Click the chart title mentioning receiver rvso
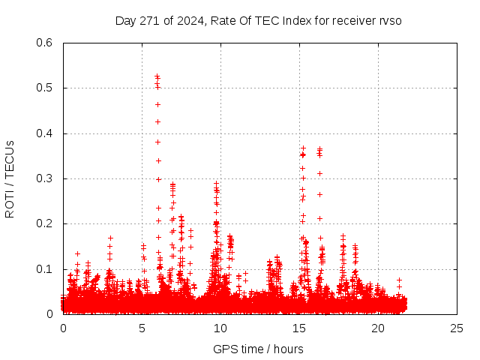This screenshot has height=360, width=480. [259, 20]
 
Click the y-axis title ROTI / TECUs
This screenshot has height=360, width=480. [10, 178]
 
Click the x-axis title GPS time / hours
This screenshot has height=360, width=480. [258, 349]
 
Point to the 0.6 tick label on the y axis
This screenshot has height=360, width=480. [45, 43]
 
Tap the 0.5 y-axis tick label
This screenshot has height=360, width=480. [45, 88]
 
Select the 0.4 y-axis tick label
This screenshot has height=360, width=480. [45, 133]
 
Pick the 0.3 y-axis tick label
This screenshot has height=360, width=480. [45, 178]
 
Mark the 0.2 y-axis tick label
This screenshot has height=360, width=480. [45, 223]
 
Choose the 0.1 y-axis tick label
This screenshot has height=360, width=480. [45, 269]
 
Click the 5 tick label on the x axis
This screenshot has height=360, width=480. [142, 328]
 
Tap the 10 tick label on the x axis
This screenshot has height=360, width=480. [220, 328]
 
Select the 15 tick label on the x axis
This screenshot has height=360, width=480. [299, 328]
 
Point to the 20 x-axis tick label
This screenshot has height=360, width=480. [378, 328]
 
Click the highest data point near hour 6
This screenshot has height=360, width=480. [157, 76]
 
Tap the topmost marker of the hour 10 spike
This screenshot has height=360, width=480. [217, 183]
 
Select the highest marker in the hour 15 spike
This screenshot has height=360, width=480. [303, 148]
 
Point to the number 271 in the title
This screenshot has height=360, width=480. [151, 20]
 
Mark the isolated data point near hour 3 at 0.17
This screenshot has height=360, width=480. [110, 238]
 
